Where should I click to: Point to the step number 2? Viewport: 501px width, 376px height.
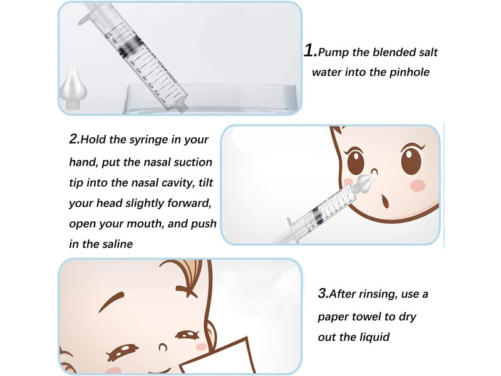coord(74,139)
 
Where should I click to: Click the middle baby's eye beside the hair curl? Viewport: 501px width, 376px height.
coord(354,160)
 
